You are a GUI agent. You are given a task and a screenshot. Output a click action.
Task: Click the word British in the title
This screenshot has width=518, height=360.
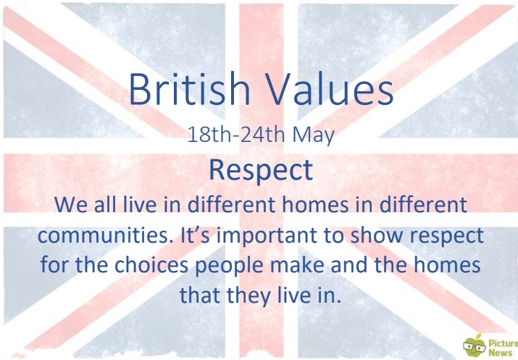[189, 89]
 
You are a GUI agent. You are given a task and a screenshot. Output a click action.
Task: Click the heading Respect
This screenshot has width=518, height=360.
[261, 171]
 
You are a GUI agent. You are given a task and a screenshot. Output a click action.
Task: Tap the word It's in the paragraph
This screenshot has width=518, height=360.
[195, 235]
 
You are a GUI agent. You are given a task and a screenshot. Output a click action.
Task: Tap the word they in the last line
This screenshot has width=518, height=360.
[248, 296]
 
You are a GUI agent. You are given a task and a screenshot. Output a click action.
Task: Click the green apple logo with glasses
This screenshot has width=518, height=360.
[475, 346]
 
